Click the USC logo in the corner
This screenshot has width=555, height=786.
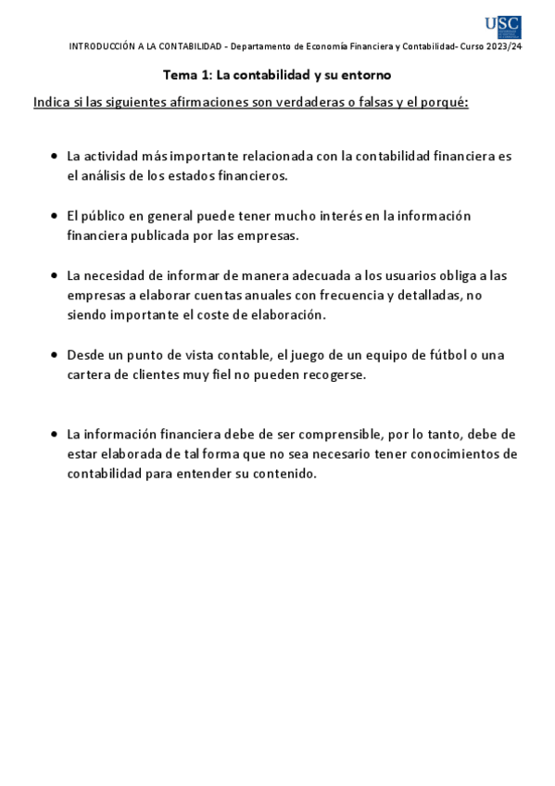[502, 27]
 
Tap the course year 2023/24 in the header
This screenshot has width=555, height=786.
[505, 46]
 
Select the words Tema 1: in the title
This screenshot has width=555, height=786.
[181, 74]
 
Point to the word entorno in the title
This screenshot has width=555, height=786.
[367, 74]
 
